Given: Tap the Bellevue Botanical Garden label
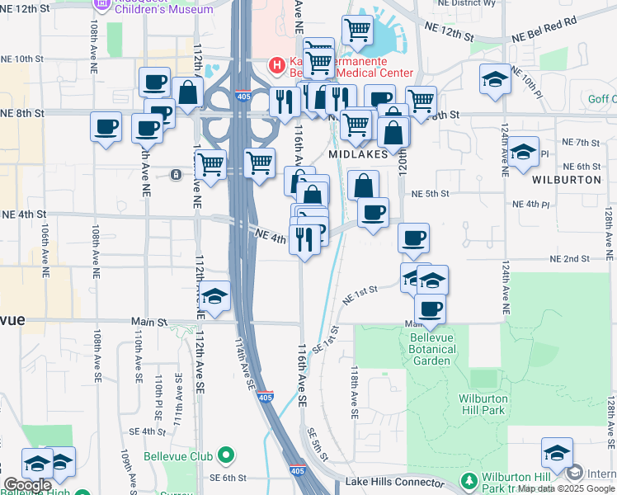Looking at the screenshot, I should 432,349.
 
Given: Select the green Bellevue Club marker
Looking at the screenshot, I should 226,456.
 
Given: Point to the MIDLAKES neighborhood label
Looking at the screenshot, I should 358,154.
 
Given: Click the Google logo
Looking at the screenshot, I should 26,485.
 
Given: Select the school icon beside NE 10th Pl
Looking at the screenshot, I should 494,78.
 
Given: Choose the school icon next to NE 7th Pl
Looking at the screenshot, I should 523,152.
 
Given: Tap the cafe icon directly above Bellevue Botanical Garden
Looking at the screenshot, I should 429,310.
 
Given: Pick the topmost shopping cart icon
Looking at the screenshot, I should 357,30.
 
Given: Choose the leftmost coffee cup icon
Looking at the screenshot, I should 106,127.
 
